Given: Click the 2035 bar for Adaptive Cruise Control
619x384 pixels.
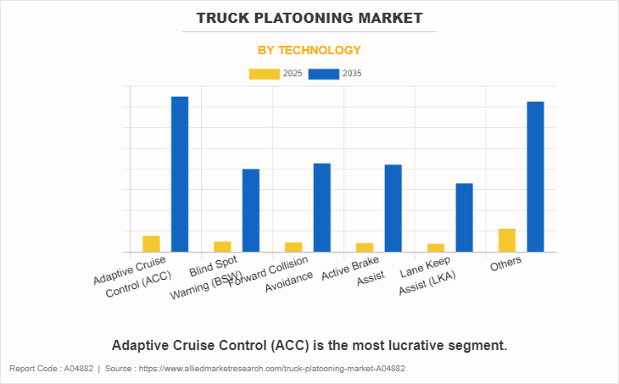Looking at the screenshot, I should click(x=180, y=174).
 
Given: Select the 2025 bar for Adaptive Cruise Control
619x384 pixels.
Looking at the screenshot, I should click(x=151, y=244).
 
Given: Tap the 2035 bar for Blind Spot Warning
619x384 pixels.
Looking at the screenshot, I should click(x=251, y=210).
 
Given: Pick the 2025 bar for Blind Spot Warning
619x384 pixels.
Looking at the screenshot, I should click(x=222, y=247).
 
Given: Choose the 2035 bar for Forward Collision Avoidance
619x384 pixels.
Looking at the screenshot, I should click(x=322, y=207).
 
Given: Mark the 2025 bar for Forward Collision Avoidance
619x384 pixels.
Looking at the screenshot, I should click(x=293, y=247).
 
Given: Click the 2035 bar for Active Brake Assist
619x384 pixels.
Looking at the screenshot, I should click(x=393, y=208).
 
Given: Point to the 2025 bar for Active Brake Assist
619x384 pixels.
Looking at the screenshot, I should click(x=365, y=248).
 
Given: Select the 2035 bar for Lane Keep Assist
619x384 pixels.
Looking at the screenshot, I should click(x=464, y=217).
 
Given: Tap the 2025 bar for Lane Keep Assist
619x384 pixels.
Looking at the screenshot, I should click(x=436, y=248).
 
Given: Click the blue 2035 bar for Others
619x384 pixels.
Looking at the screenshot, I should click(x=535, y=176).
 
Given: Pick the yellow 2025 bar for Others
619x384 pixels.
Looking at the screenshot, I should click(x=507, y=240).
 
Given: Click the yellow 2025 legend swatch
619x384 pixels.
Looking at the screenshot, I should click(x=264, y=74).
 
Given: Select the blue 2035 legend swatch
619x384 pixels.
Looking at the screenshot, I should click(x=324, y=74).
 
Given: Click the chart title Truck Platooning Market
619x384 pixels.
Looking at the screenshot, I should click(x=309, y=17).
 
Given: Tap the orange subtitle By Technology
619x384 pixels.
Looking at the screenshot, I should click(x=309, y=50).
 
